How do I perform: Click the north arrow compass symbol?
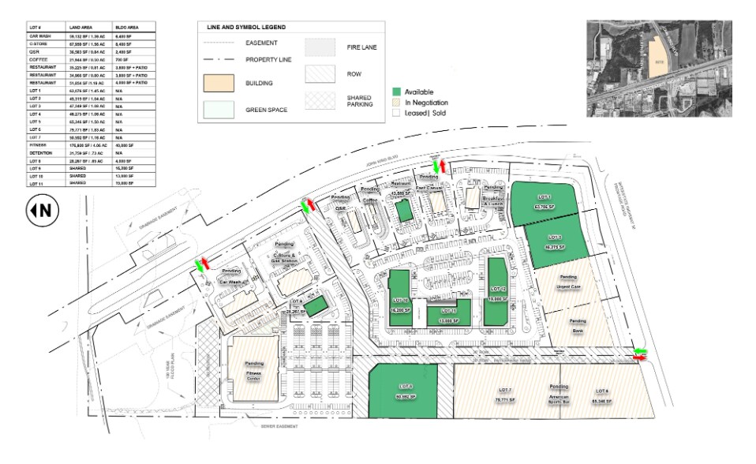click(39, 210)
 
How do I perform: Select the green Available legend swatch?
click(397, 92)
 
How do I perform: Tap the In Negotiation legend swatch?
click(397, 103)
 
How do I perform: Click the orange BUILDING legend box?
click(219, 81)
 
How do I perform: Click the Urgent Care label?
click(568, 286)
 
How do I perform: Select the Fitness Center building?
click(253, 372)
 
